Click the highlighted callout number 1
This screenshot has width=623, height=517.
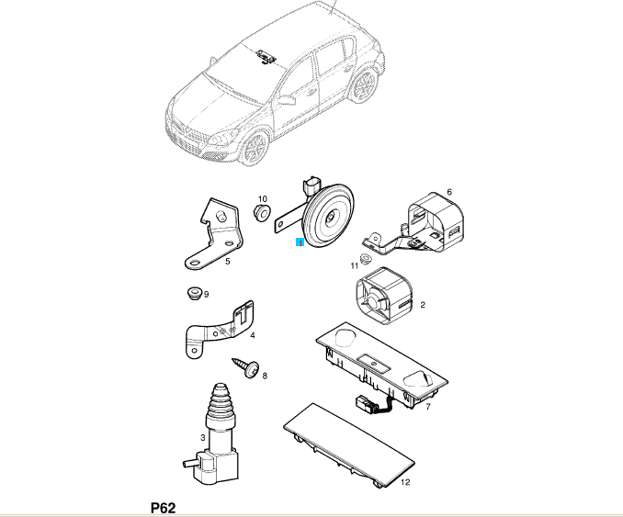click(x=300, y=242)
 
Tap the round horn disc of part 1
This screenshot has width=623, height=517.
click(x=328, y=215)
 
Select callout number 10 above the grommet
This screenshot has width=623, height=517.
click(x=263, y=199)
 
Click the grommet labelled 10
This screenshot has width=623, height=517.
click(x=261, y=213)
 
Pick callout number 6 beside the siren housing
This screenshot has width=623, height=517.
click(x=449, y=192)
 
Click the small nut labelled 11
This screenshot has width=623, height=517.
click(x=365, y=259)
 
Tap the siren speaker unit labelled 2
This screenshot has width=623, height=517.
click(x=384, y=296)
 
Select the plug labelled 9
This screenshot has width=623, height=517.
click(x=194, y=293)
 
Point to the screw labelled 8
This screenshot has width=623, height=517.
click(x=246, y=367)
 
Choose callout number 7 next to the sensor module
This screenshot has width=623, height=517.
click(x=428, y=407)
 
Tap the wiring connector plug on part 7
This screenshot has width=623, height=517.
click(x=365, y=403)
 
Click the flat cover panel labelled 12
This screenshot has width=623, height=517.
click(x=350, y=444)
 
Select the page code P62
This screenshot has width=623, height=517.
click(x=163, y=508)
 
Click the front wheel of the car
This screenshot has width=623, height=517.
click(x=255, y=150)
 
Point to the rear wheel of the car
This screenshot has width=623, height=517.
click(x=364, y=86)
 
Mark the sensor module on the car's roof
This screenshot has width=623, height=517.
click(x=266, y=56)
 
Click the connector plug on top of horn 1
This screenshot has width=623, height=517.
click(x=311, y=185)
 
